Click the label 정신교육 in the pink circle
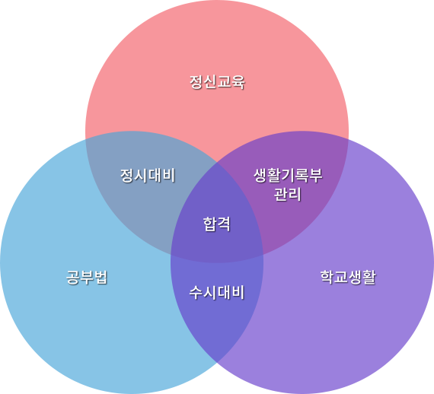point(217,82)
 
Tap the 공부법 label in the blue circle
point(87,277)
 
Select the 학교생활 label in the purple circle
point(348,277)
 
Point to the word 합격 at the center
point(217,224)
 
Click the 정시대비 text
point(148,175)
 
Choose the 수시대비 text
point(217,293)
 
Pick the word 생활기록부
point(288,175)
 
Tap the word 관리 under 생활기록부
point(287,194)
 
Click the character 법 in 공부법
point(101,277)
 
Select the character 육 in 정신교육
point(238,82)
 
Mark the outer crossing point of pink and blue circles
point(85,139)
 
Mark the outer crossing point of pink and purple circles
point(348,139)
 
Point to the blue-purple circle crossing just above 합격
point(217,163)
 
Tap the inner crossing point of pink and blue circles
point(263,254)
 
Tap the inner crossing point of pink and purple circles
point(171,254)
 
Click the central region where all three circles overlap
point(217,221)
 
